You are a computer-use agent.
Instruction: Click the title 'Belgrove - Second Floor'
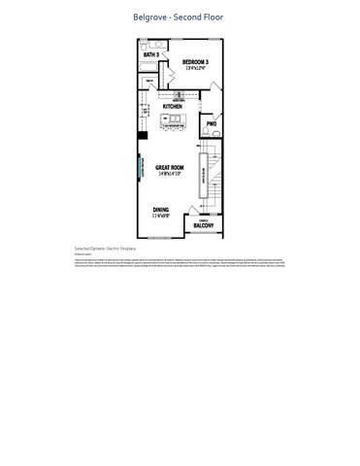pyautogui.click(x=180, y=17)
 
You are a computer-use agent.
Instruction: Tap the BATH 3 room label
pyautogui.click(x=150, y=55)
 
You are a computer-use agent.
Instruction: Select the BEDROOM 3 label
pyautogui.click(x=197, y=62)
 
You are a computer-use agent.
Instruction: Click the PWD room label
pyautogui.click(x=212, y=124)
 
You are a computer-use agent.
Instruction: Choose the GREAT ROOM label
pyautogui.click(x=171, y=168)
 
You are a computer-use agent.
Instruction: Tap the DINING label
pyautogui.click(x=162, y=210)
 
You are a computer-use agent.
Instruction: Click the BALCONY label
pyautogui.click(x=204, y=225)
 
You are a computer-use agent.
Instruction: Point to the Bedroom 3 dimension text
pyautogui.click(x=197, y=69)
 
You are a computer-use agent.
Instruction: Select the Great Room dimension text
pyautogui.click(x=171, y=175)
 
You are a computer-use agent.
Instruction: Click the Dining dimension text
pyautogui.click(x=162, y=216)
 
